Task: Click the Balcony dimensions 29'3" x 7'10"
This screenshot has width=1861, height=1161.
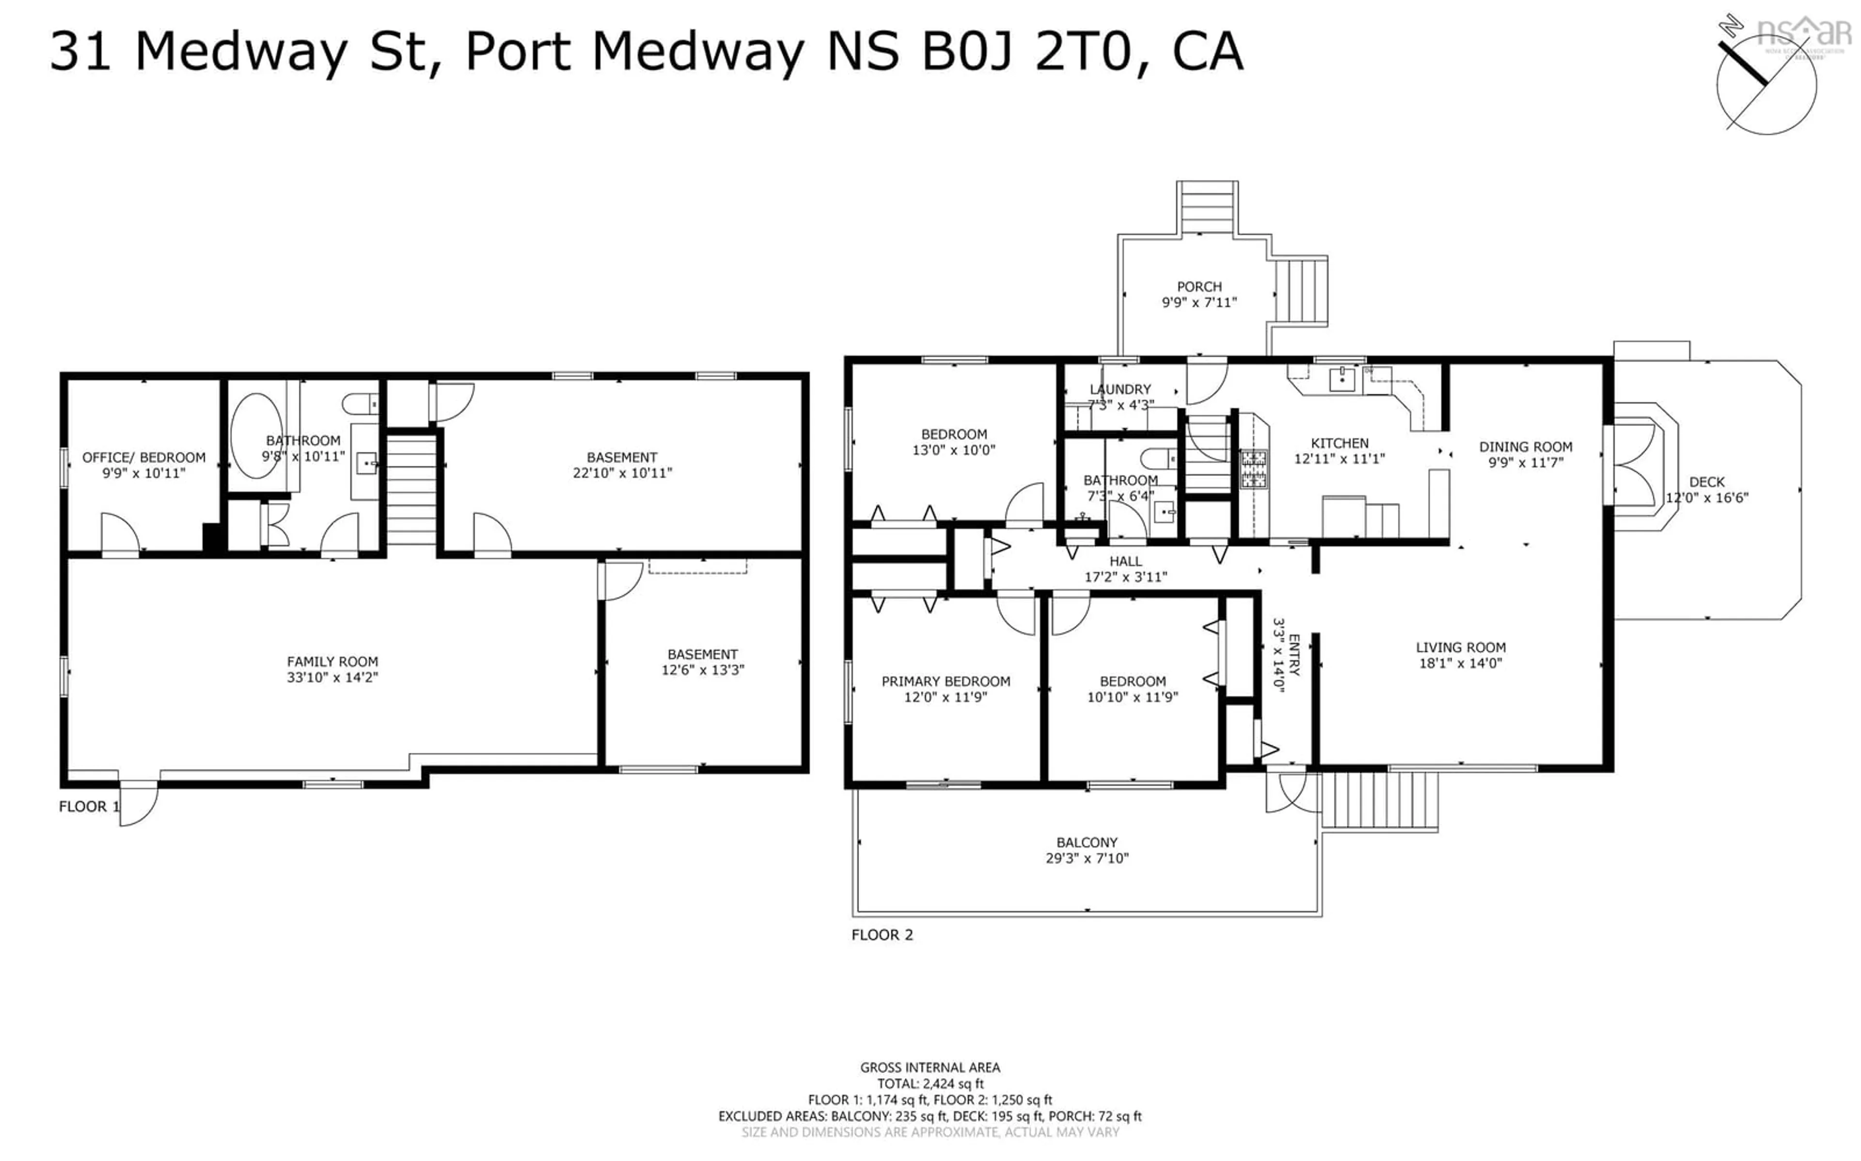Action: coord(1087,858)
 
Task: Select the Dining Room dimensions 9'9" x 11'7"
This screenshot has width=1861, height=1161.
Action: coord(1525,463)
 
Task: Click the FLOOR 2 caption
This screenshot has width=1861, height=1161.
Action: coord(882,934)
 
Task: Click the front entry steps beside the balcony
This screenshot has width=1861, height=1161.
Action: coord(1379,800)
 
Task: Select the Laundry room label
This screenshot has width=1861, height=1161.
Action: coord(1120,389)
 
